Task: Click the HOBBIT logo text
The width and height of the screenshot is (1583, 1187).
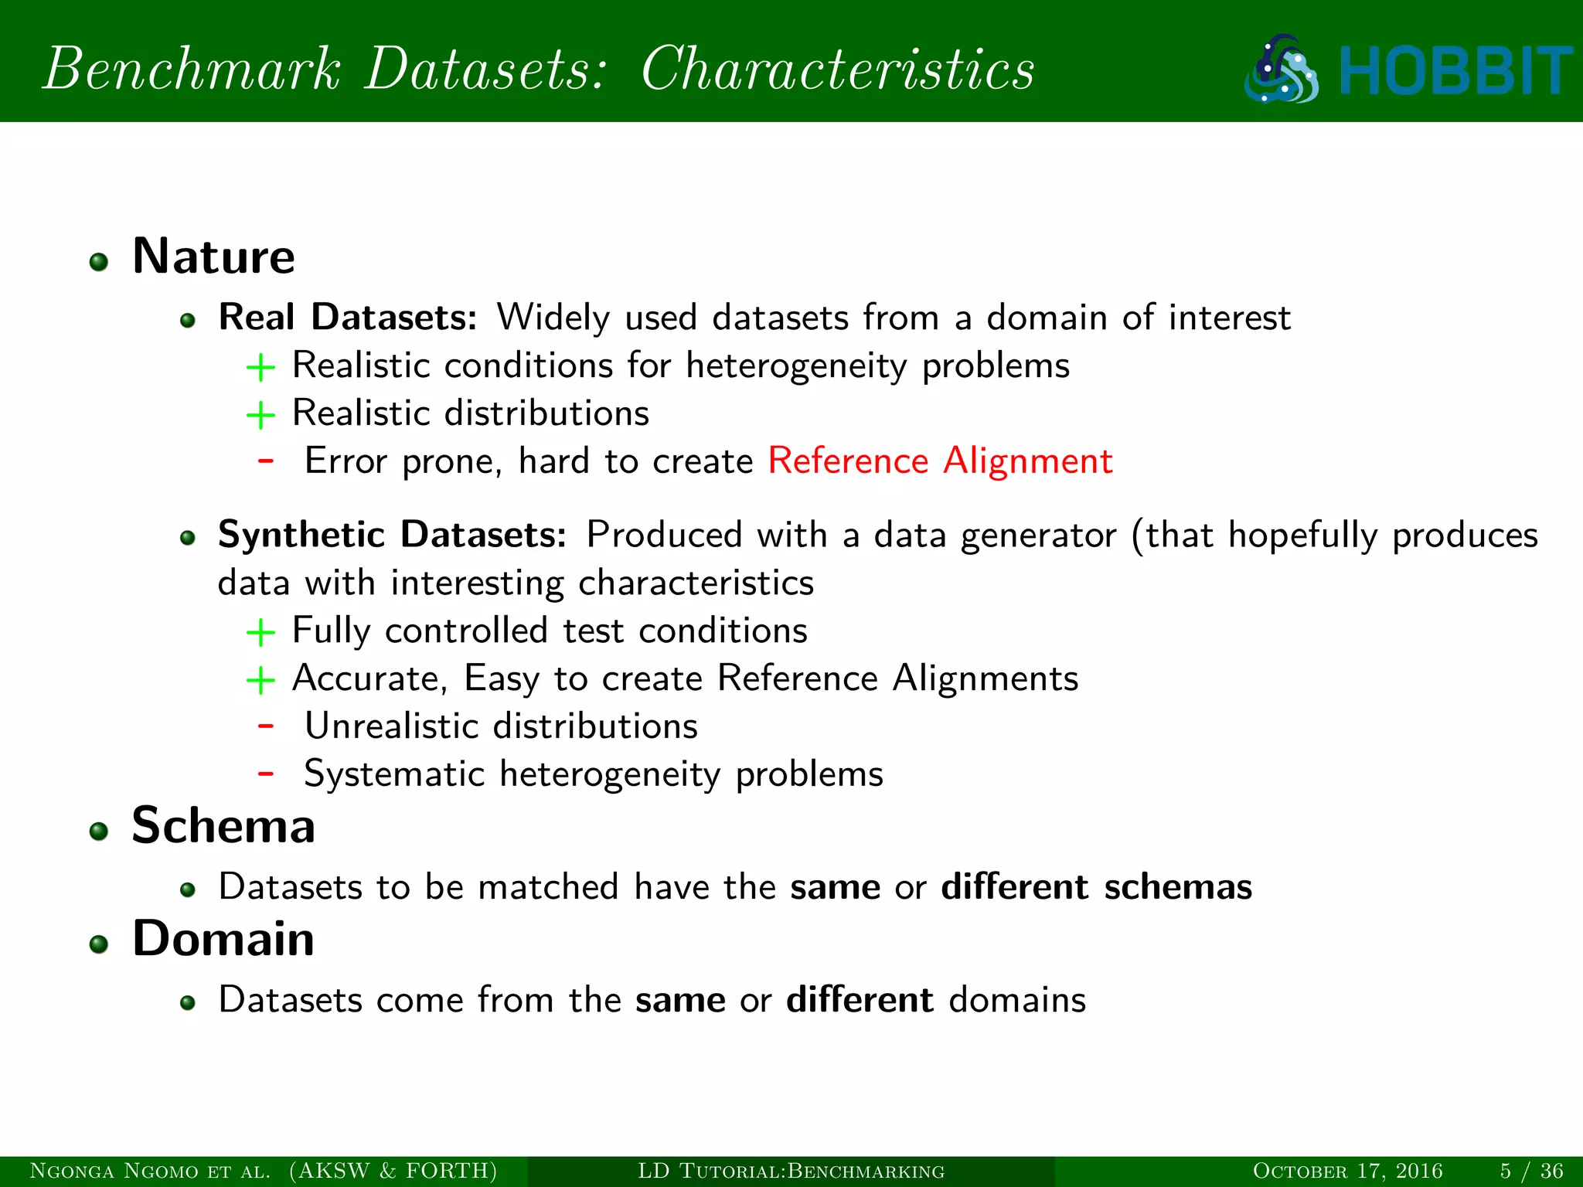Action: pos(1455,70)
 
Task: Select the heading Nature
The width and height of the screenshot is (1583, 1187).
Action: pos(213,257)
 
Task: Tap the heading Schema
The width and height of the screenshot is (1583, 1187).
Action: pos(223,826)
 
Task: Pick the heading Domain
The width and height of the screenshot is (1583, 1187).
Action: pos(223,939)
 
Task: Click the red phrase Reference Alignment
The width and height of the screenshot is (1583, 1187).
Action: pos(940,461)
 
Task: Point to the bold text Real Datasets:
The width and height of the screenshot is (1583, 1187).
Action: pos(347,318)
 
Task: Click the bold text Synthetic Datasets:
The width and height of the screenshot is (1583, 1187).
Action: pos(392,535)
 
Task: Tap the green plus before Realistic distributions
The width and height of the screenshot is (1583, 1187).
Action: pos(260,416)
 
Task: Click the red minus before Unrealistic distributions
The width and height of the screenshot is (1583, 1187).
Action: pos(266,726)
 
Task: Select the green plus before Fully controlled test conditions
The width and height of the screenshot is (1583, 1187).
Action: pos(260,633)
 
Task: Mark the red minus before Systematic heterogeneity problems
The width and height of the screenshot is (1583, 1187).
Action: pos(266,773)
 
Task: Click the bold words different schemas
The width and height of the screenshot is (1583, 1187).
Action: pos(1096,887)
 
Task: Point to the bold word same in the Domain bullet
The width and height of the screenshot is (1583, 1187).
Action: pos(680,1001)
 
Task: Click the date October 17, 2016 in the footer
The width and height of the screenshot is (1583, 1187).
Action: pos(1347,1171)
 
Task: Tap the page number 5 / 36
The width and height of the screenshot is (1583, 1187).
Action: pos(1531,1171)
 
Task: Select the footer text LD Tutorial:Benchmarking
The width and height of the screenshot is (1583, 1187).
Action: pos(791,1171)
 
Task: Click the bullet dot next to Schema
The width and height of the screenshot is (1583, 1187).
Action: pos(98,832)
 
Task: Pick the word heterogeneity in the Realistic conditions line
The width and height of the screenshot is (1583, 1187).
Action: pos(796,366)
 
